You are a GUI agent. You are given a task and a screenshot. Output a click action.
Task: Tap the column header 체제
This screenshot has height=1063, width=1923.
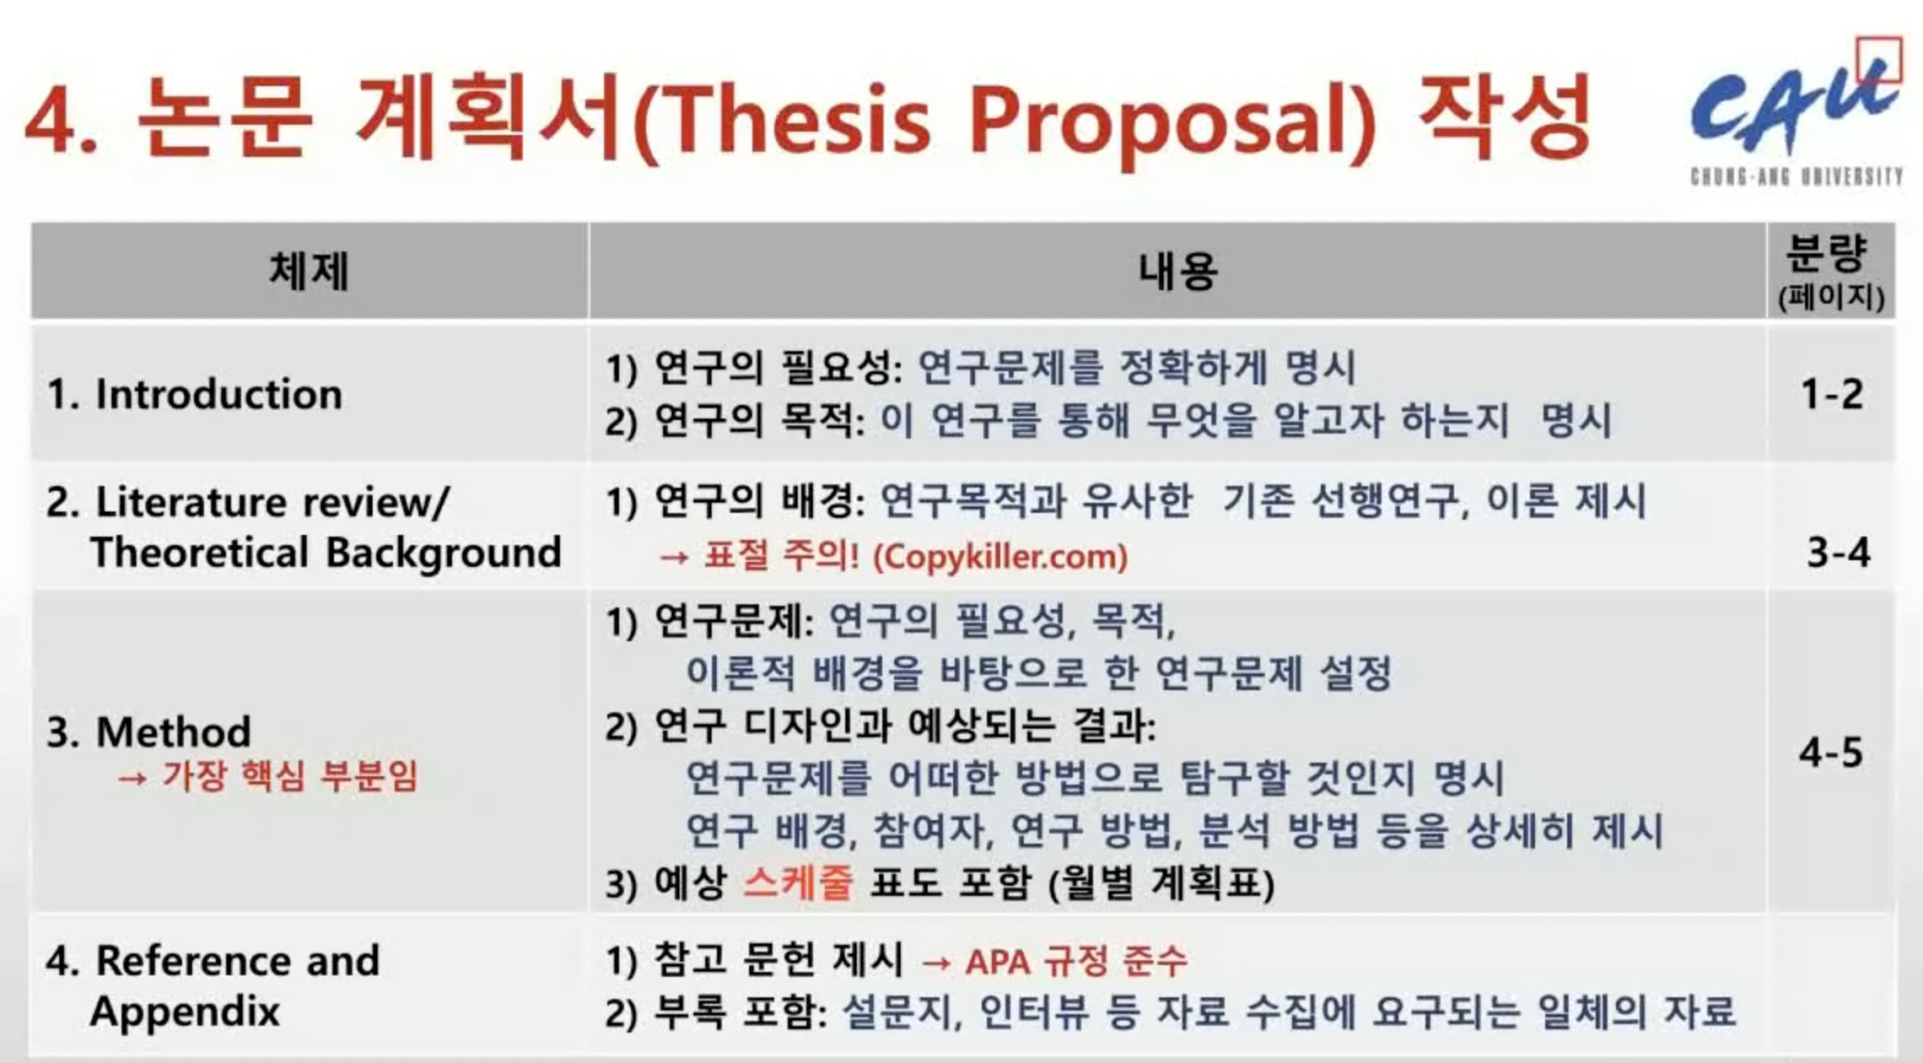pyautogui.click(x=309, y=272)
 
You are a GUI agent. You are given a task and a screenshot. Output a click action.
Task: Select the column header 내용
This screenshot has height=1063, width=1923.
pyautogui.click(x=1177, y=272)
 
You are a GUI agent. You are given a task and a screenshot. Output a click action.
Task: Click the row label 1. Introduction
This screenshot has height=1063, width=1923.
pyautogui.click(x=195, y=394)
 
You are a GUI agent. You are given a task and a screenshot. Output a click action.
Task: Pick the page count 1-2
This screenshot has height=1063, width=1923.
pyautogui.click(x=1831, y=394)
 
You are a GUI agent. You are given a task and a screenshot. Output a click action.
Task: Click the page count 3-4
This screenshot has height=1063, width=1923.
pyautogui.click(x=1838, y=553)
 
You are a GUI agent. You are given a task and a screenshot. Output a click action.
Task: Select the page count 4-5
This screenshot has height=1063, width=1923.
pyautogui.click(x=1830, y=752)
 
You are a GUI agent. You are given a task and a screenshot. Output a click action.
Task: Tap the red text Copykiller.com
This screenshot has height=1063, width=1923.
pyautogui.click(x=999, y=557)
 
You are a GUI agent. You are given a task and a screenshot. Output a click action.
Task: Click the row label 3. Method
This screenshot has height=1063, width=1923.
pyautogui.click(x=148, y=731)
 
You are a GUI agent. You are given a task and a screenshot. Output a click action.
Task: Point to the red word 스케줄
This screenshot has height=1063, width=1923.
pyautogui.click(x=798, y=883)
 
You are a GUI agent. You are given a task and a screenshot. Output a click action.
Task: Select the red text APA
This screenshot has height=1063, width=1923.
pyautogui.click(x=998, y=961)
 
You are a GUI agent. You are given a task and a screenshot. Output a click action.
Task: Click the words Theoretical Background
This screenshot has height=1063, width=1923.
pyautogui.click(x=326, y=553)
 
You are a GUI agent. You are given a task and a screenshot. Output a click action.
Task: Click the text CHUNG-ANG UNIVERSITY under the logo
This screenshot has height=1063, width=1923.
pyautogui.click(x=1796, y=176)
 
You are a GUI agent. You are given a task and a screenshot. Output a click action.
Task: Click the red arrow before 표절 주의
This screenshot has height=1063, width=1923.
pyautogui.click(x=674, y=558)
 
